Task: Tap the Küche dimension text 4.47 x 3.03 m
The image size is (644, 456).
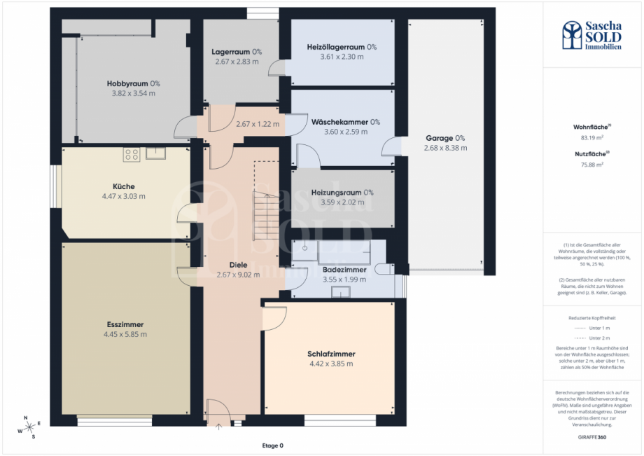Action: click(x=123, y=196)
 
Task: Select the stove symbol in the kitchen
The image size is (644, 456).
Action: click(x=132, y=154)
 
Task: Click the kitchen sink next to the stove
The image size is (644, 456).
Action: click(x=155, y=153)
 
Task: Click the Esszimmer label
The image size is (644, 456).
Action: click(x=126, y=325)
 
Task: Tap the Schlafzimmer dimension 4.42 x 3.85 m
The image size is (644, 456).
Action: click(x=330, y=364)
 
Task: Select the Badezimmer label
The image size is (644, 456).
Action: click(x=344, y=270)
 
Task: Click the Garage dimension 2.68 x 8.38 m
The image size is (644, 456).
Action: click(x=445, y=148)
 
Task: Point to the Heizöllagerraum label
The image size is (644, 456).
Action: click(x=342, y=48)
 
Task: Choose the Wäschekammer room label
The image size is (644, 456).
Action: click(x=346, y=121)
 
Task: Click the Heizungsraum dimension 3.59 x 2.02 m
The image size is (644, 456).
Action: click(x=342, y=202)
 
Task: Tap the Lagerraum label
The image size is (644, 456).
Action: click(x=237, y=52)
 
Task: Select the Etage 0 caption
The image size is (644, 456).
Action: click(x=272, y=445)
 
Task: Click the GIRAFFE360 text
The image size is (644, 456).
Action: click(x=592, y=436)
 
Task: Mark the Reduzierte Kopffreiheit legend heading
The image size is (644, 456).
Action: click(x=592, y=318)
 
